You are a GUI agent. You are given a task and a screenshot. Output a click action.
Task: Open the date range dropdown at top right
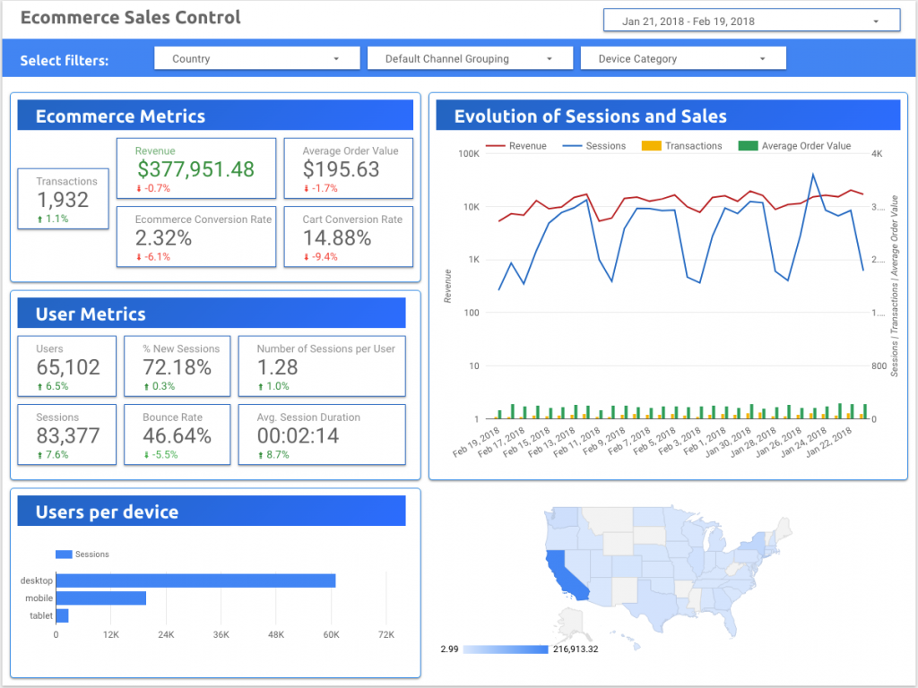pyautogui.click(x=751, y=21)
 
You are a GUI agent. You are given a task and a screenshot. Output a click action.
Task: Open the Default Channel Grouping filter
pyautogui.click(x=470, y=58)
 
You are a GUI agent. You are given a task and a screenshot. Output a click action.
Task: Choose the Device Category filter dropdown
pyautogui.click(x=683, y=58)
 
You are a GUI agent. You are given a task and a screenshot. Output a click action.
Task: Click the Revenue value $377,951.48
pyautogui.click(x=195, y=169)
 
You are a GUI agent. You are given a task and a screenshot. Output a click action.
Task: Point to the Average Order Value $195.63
pyautogui.click(x=341, y=169)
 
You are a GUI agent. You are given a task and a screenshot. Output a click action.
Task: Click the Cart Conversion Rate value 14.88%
pyautogui.click(x=337, y=237)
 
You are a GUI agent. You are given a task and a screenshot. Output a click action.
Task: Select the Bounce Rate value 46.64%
pyautogui.click(x=177, y=436)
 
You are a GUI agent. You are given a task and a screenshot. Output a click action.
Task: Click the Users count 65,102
pyautogui.click(x=68, y=367)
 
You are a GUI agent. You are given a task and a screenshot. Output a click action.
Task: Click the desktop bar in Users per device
pyautogui.click(x=195, y=580)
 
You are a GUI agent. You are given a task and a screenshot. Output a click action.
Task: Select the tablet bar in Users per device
pyautogui.click(x=62, y=615)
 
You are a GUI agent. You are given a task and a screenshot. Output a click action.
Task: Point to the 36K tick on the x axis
pyautogui.click(x=221, y=635)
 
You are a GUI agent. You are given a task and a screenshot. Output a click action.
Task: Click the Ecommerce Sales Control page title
pyautogui.click(x=131, y=18)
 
